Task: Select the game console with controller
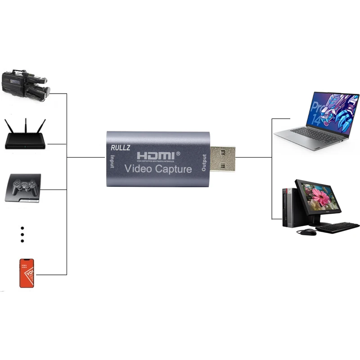23,189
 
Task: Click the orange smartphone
27,273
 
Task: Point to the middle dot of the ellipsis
22,234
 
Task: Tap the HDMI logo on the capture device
158,155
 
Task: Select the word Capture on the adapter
174,170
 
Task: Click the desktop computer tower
288,207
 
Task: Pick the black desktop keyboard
337,227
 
